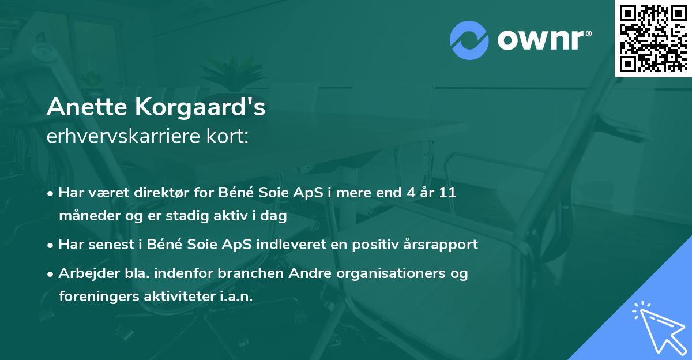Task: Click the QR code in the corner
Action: (653, 38)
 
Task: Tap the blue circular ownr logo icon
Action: (469, 40)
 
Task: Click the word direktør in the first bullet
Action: (152, 193)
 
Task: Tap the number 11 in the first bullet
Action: (446, 193)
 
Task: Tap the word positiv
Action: (377, 245)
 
